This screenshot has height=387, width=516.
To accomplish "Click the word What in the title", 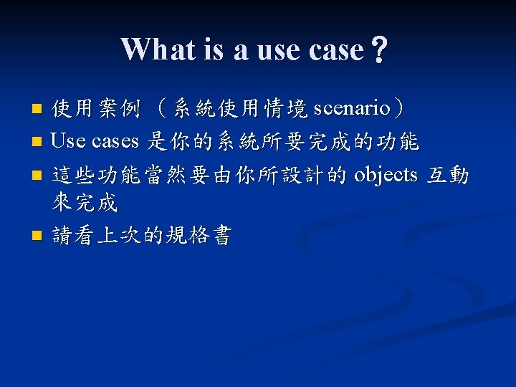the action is coord(158,49).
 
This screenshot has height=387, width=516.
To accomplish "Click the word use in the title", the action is coord(279,52).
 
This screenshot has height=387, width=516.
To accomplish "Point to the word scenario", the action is coord(352,108).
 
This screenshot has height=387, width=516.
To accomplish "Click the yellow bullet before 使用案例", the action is coord(37,109).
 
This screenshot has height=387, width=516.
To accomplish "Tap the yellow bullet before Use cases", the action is coord(37,142).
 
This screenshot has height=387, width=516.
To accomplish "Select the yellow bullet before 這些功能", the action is coord(37,175).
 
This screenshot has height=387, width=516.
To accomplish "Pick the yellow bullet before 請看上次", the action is coord(37,236).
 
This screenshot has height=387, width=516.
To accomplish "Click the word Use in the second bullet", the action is coord(68,141).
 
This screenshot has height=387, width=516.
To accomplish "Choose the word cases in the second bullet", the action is coord(115,142).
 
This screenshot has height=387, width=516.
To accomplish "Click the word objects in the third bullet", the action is coord(386,175).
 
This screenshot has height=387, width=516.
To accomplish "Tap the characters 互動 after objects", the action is coord(447,175).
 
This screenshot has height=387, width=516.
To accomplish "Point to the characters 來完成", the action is coord(85,201).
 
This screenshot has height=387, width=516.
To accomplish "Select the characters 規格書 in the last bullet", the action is coord(199,235).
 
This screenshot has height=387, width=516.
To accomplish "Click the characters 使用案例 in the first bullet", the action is coord(96,108).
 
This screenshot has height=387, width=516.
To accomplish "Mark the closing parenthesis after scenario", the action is coord(398,108).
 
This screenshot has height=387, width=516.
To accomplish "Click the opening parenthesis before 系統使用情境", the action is coord(161,108).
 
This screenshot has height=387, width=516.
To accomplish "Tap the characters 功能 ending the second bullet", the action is coord(398,141).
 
